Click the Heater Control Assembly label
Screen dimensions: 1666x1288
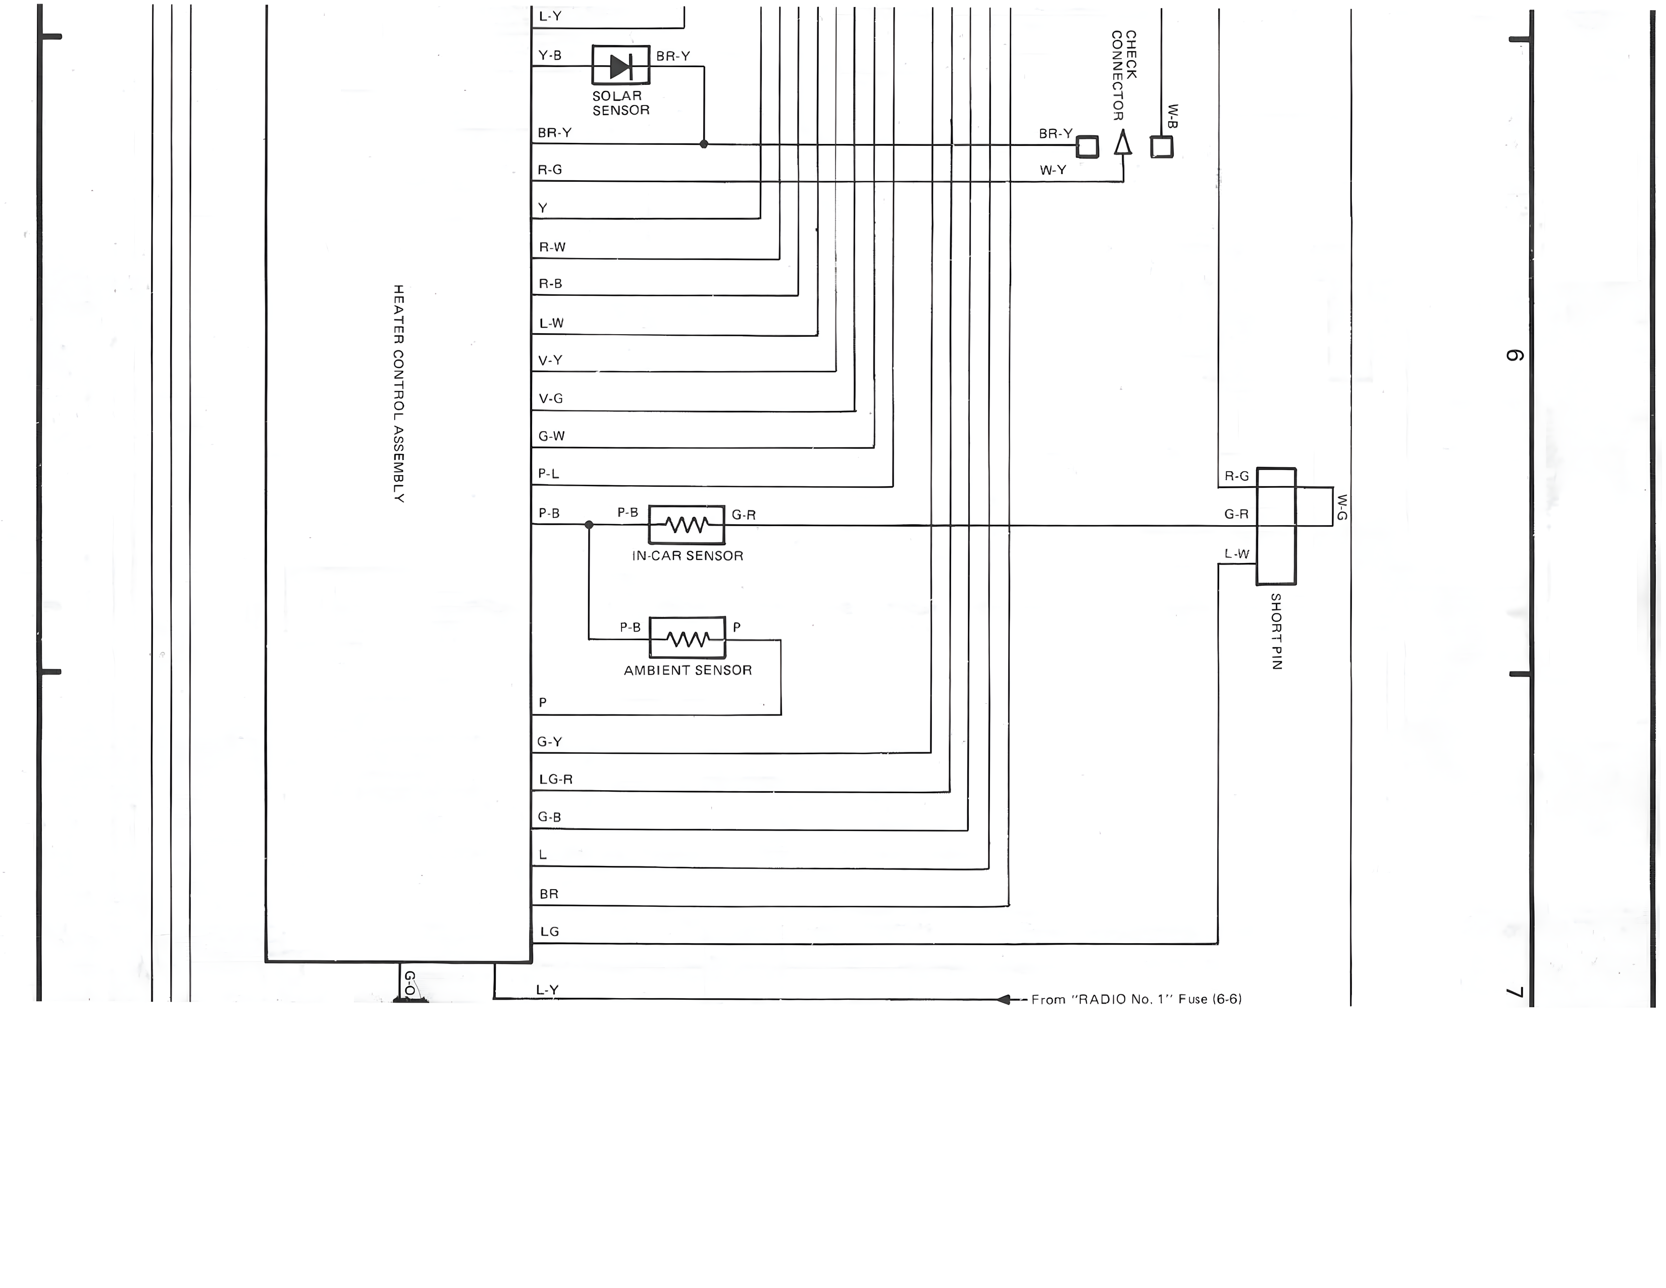click(398, 394)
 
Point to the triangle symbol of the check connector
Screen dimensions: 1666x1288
click(1123, 143)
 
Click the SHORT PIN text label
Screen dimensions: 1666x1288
click(1276, 631)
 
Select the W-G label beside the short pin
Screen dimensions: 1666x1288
click(1342, 507)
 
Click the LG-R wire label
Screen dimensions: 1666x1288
click(556, 779)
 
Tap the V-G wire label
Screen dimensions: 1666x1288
click(551, 398)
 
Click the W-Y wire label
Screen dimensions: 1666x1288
click(1053, 170)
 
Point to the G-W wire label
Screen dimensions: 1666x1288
click(551, 436)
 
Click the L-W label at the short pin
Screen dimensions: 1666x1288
click(1236, 554)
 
